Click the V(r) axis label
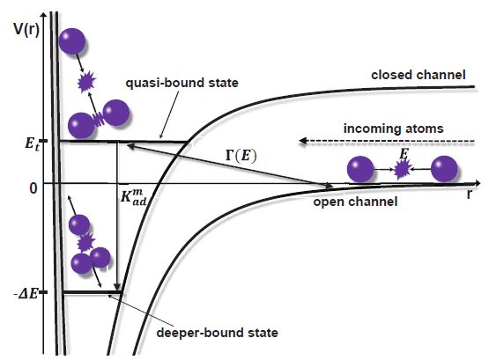coord(26,30)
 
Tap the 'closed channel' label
coord(419,75)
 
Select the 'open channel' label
coord(355,202)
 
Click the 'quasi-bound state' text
coord(182,83)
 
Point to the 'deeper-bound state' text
coord(217,333)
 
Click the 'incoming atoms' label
coord(393,129)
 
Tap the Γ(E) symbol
coord(241,155)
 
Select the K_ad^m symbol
coord(133,197)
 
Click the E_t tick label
coord(32,143)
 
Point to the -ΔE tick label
coord(26,293)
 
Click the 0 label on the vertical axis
coord(33,188)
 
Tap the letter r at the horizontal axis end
coord(470,194)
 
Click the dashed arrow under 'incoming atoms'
coord(387,141)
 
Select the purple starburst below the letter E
coord(403,170)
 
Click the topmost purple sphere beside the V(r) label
coord(72,41)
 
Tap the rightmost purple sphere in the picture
coord(444,169)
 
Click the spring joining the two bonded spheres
coord(99,119)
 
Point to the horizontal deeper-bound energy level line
coord(93,292)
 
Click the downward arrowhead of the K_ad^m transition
coord(117,287)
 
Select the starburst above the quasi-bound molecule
coord(86,82)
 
